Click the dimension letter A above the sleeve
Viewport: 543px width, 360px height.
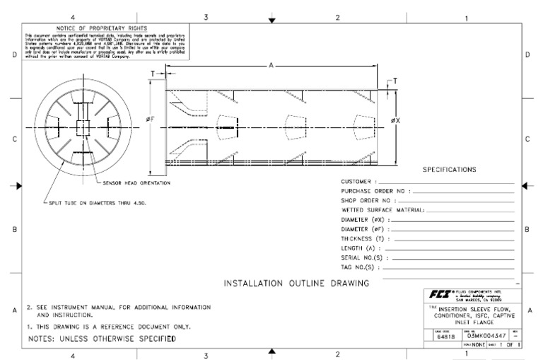(272, 66)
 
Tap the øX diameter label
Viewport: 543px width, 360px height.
(396, 120)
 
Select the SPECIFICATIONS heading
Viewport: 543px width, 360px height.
(449, 170)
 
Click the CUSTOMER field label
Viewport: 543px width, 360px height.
(358, 182)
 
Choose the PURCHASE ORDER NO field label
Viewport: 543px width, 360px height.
(374, 192)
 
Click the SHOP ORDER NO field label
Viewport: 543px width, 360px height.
(367, 201)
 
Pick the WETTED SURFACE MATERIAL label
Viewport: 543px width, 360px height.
(382, 211)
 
